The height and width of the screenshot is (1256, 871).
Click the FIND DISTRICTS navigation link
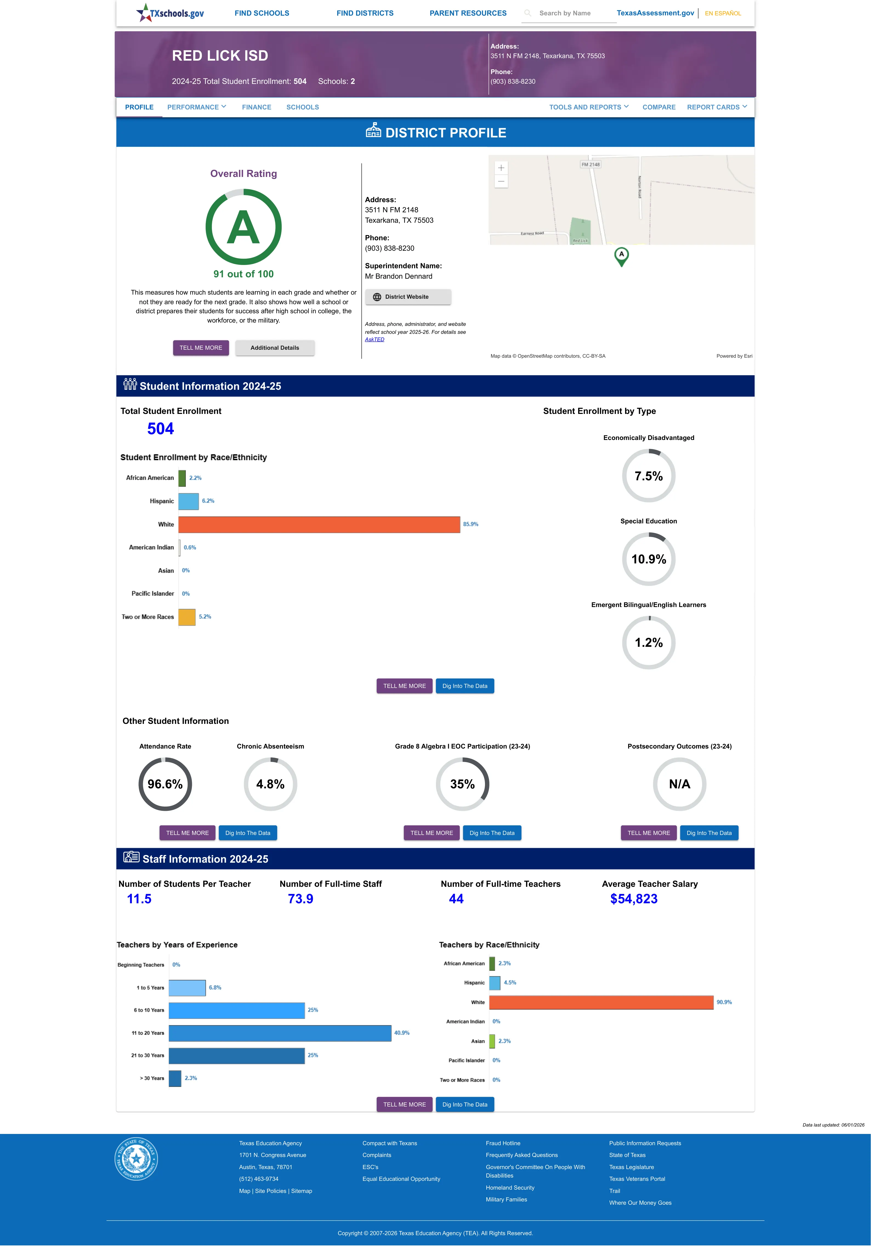tap(365, 13)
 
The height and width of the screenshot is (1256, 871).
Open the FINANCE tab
tap(257, 107)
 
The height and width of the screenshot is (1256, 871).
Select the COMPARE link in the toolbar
tap(659, 107)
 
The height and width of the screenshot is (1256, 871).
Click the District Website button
tap(408, 297)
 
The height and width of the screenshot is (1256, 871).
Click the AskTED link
tap(374, 340)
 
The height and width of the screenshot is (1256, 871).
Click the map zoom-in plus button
tap(501, 168)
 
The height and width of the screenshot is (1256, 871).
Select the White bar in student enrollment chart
tap(319, 524)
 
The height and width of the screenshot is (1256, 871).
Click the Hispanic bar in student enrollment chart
tap(188, 501)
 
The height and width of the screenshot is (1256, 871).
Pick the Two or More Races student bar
tap(187, 617)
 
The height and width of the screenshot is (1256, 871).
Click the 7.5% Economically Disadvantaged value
tap(648, 476)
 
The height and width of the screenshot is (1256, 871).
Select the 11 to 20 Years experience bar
tap(280, 1033)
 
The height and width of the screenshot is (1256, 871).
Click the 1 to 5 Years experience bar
tap(187, 987)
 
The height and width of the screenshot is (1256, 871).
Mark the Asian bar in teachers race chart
tap(492, 1041)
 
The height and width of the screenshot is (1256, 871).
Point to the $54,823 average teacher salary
tap(634, 899)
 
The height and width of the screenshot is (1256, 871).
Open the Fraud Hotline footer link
tap(503, 1143)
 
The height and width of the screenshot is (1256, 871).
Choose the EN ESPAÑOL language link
tap(723, 13)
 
